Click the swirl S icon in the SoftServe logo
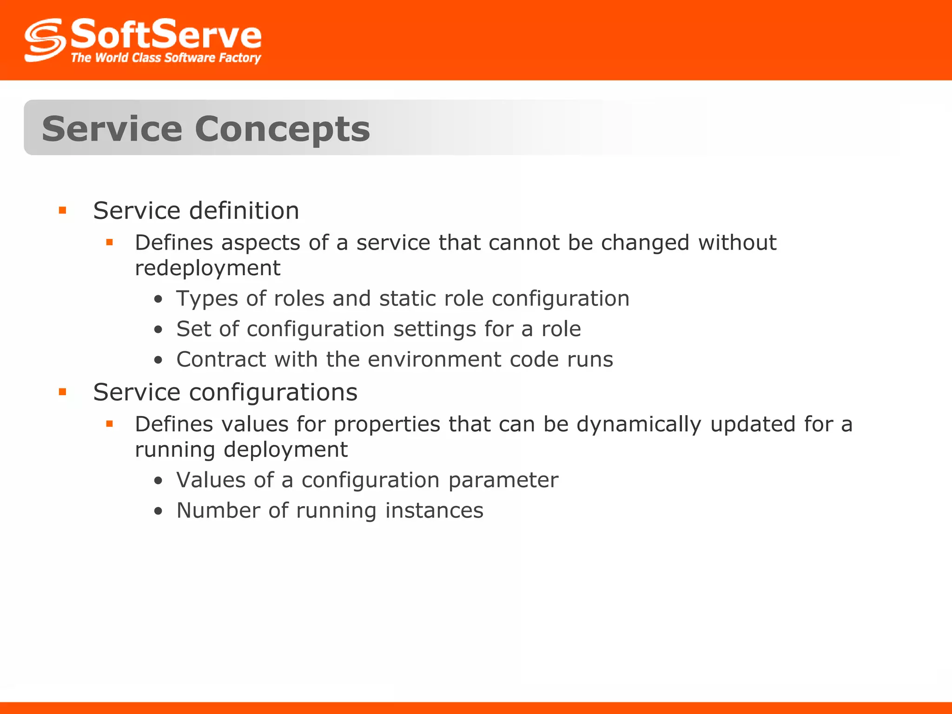click(45, 40)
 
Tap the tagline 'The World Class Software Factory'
click(165, 58)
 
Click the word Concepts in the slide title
click(282, 129)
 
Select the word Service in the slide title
click(112, 129)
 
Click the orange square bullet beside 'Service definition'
click(63, 211)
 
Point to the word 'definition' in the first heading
click(245, 211)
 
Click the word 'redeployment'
click(207, 268)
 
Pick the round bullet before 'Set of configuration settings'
click(159, 330)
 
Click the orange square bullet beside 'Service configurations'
click(63, 392)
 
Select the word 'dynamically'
click(639, 424)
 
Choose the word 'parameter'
click(503, 480)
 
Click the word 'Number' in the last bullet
click(218, 510)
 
